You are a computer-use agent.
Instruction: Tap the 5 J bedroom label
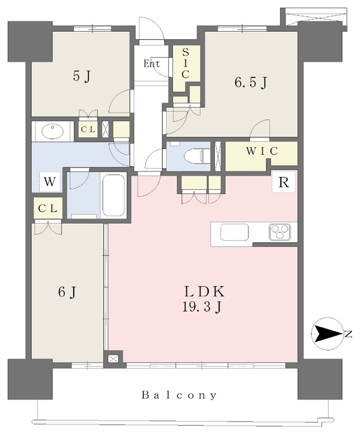point(81,76)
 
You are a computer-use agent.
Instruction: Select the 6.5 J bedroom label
point(250,83)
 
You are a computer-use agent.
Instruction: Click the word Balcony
point(179,395)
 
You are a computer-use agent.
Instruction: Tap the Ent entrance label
point(152,64)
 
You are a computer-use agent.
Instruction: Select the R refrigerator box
point(283,182)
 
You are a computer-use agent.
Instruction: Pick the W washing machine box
point(48,182)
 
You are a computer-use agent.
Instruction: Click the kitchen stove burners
point(280,232)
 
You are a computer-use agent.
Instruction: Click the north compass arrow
point(326,334)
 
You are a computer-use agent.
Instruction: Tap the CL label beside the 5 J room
point(88,129)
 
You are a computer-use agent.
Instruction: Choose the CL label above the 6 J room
point(47,209)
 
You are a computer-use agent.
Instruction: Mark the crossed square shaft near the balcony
point(113,358)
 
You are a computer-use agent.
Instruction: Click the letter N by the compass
point(346,334)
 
